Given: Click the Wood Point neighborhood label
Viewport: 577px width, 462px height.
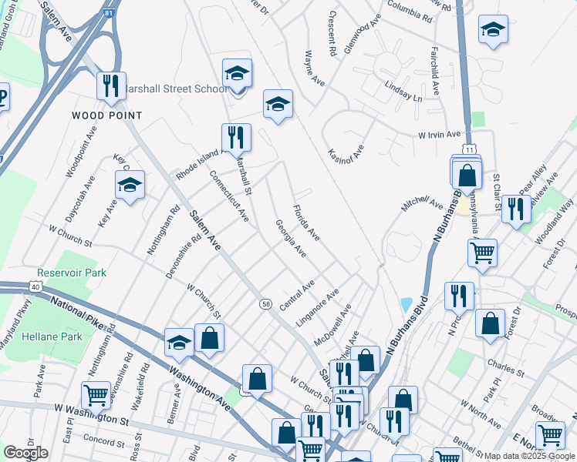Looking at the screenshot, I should tap(107, 115).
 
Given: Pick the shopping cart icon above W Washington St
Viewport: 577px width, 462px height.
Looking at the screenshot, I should tap(96, 396).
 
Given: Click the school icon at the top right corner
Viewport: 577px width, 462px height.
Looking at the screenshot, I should tap(493, 30).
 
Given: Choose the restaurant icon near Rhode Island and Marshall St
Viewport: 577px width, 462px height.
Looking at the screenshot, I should tap(236, 137).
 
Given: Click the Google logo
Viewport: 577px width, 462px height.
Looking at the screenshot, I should tap(25, 453).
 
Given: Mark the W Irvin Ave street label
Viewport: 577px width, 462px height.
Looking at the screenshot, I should tap(439, 135).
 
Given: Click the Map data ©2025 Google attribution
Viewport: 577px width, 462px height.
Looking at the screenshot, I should tap(530, 456).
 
